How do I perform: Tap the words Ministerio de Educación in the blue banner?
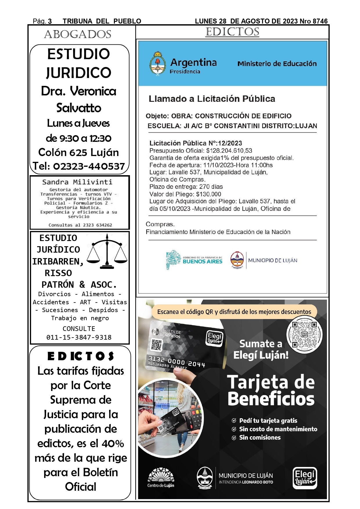coord(277,64)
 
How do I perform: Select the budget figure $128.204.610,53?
coord(229,151)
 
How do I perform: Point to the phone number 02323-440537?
coord(89,166)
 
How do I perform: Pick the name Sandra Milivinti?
coord(77,182)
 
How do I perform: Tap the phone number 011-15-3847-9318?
coord(79,337)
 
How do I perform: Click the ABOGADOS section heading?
coord(78,35)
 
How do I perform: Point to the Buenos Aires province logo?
coord(194,260)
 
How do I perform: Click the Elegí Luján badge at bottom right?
coord(305,478)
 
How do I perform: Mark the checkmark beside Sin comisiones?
coord(234,438)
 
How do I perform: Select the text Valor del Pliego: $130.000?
coord(185,194)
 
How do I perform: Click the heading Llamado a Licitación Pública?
coord(212,99)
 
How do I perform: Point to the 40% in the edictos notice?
coord(113,443)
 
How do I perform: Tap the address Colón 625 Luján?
coord(79,152)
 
